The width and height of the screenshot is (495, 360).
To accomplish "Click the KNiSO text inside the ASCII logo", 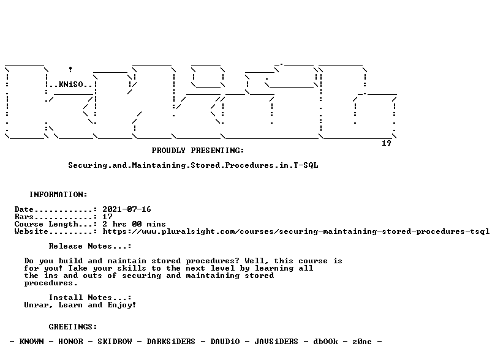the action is [x=70, y=84].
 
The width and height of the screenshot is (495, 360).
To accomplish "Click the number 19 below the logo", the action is [x=387, y=143].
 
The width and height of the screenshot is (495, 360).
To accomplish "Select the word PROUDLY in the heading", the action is [x=168, y=151].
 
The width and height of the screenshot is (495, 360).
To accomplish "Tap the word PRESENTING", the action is [x=217, y=151].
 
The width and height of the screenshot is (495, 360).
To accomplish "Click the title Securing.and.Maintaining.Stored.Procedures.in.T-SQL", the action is [x=193, y=165].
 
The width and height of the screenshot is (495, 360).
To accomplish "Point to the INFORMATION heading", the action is [x=58, y=194].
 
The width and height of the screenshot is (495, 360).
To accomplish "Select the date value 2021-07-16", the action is [x=127, y=209].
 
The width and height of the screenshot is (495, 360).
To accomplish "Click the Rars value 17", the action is [x=107, y=217].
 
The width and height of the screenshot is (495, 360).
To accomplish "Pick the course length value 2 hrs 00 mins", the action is [x=134, y=224].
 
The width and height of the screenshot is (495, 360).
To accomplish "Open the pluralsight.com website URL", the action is [x=296, y=231].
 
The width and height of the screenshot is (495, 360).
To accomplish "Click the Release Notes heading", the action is [x=90, y=246].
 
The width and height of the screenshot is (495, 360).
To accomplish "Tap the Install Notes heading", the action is [x=90, y=298].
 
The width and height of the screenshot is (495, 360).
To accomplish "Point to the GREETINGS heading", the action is [x=73, y=327].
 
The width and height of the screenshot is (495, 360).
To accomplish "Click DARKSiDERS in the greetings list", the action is [x=171, y=342].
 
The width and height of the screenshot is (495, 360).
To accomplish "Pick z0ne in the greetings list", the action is [x=362, y=342].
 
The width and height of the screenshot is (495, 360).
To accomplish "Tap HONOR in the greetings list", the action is [x=70, y=342].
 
